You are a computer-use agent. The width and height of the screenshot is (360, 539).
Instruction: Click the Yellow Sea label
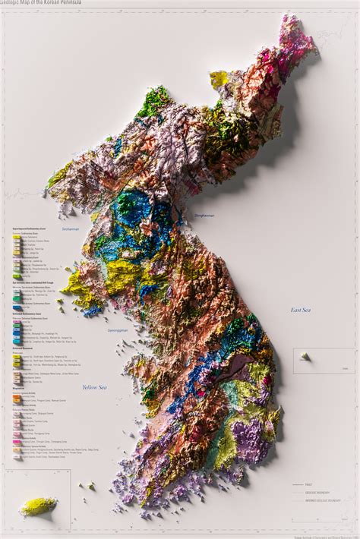tap(95, 387)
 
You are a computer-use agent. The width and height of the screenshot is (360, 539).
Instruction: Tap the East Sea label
tap(301, 310)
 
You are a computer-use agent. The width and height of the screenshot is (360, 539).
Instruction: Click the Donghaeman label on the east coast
tap(204, 216)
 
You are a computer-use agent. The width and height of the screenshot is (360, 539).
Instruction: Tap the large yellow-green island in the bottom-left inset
tap(38, 506)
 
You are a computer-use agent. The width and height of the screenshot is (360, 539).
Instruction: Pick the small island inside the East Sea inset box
tap(304, 356)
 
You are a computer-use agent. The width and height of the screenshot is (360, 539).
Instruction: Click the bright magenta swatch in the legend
tap(17, 440)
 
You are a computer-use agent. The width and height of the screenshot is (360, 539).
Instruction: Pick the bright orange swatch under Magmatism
tap(17, 397)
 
